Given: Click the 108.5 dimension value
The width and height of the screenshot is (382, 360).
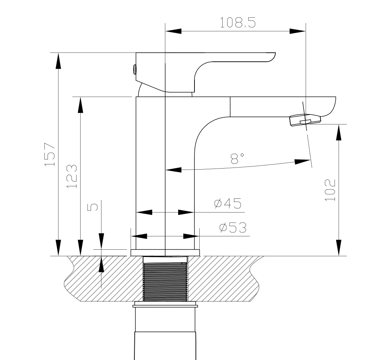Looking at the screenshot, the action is [x=238, y=23].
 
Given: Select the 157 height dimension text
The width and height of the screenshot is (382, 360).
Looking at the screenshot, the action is [x=50, y=154].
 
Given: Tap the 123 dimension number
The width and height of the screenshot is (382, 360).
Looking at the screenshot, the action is [x=72, y=176].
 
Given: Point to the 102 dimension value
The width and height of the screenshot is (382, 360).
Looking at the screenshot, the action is [x=330, y=190].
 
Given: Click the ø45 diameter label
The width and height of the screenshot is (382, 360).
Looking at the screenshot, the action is [x=228, y=203].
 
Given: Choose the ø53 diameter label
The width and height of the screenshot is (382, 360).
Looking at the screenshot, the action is [x=233, y=228].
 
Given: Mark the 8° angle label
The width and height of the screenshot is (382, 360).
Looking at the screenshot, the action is [x=237, y=158].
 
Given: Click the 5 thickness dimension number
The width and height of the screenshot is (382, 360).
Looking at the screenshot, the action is [x=93, y=207].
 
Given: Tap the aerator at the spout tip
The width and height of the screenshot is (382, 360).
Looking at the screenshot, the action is [x=305, y=120].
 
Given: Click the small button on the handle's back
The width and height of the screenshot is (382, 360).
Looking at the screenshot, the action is [x=134, y=70].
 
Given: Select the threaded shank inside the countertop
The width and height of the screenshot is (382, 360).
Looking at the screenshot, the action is [x=165, y=279].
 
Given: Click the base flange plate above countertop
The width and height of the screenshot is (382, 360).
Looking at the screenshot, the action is [x=165, y=253].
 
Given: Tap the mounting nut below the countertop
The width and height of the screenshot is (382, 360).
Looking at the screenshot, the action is [x=165, y=304].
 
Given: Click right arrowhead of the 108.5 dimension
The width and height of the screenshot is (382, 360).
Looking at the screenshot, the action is [x=298, y=31].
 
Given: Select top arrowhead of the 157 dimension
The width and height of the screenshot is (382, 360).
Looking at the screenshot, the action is [x=58, y=61].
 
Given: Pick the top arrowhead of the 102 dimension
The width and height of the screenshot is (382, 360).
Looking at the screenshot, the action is [x=339, y=132].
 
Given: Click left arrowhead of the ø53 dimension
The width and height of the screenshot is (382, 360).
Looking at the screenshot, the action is [x=139, y=236].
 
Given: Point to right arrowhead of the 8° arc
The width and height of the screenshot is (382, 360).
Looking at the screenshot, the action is [x=302, y=162].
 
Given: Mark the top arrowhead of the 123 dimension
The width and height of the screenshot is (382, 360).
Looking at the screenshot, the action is [x=81, y=105].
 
